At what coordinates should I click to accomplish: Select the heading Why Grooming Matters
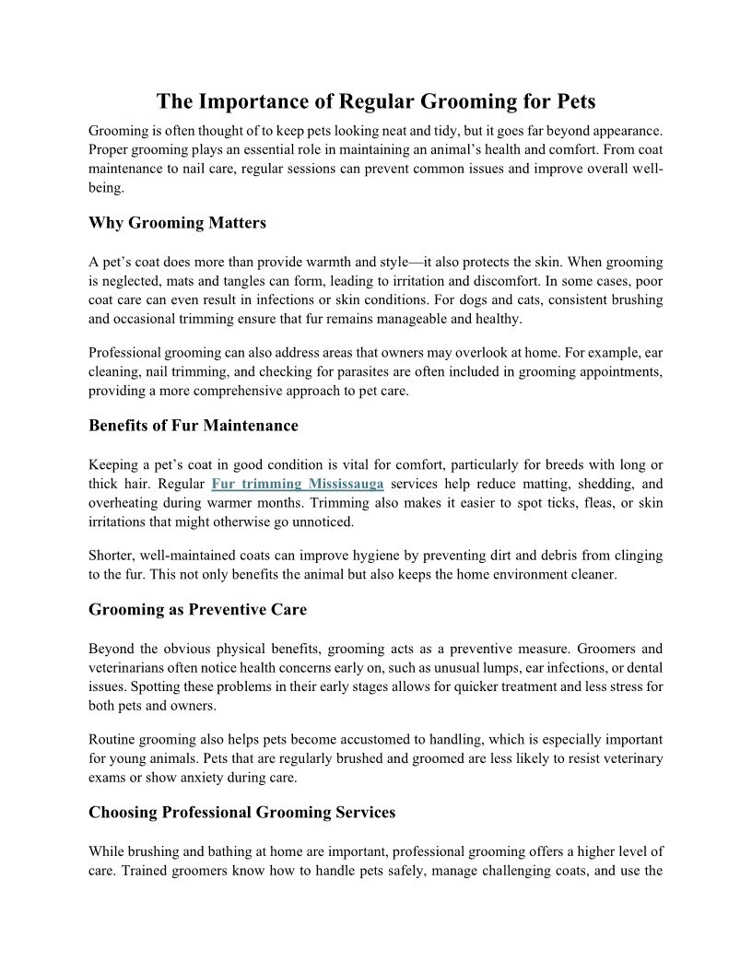(x=177, y=222)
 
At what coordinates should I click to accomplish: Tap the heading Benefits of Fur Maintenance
(x=194, y=425)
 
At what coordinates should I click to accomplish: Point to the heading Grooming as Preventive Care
(x=197, y=609)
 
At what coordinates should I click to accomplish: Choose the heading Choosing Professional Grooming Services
(x=241, y=812)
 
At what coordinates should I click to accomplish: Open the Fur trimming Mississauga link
(x=297, y=484)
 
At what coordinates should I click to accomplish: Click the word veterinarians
(x=128, y=668)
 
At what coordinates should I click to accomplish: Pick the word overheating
(x=126, y=503)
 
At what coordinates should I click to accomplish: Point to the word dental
(x=643, y=668)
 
